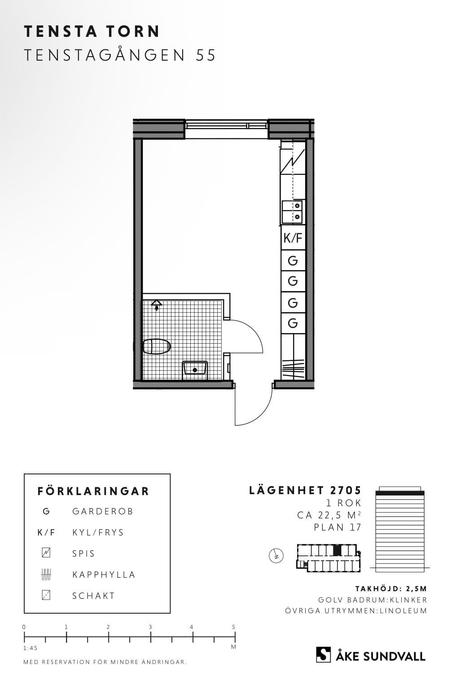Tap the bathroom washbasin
point(195,369)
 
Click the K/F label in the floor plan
point(293,238)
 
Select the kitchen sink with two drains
point(292,211)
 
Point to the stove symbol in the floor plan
point(292,161)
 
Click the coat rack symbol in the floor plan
point(293,369)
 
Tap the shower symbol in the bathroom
point(157,305)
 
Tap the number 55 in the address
point(206,55)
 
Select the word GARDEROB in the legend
point(103,511)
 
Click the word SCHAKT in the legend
point(93,596)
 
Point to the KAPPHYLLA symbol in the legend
point(46,574)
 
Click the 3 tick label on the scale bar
point(150,627)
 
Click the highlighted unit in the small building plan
point(338,550)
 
